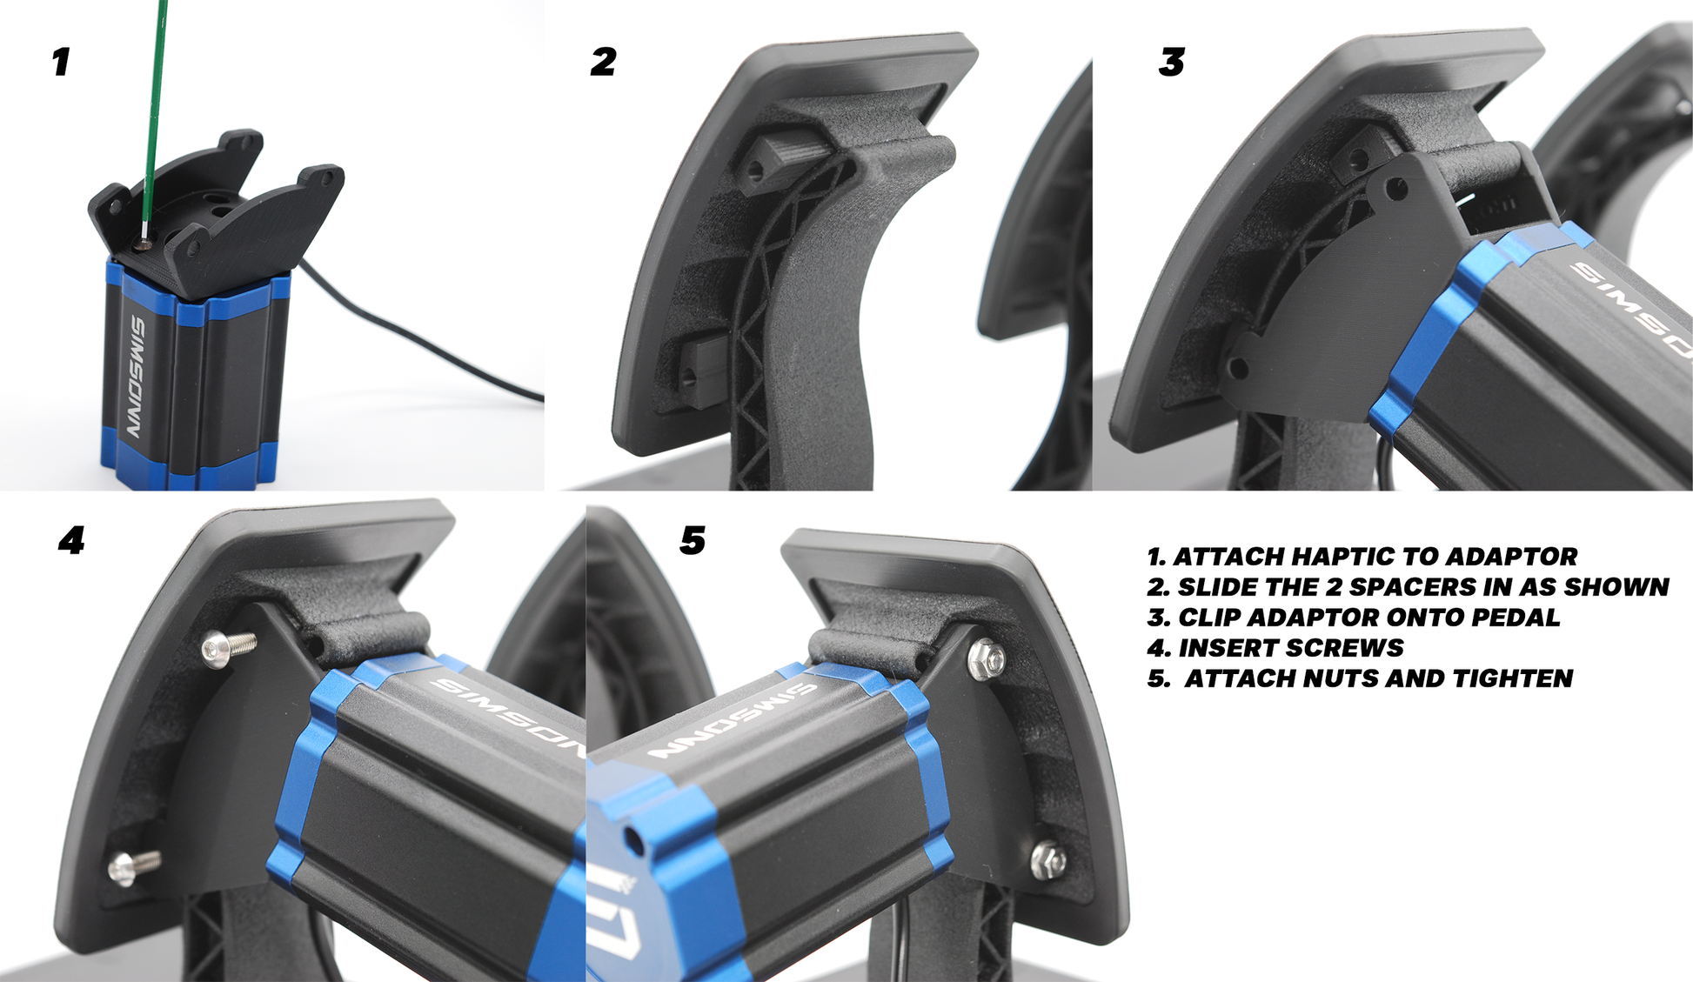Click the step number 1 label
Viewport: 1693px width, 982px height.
(x=61, y=62)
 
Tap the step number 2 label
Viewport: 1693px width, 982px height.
(x=603, y=62)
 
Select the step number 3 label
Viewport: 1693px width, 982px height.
(x=1172, y=62)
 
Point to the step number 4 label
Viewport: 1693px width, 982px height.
(x=71, y=540)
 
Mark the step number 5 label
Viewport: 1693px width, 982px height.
(x=693, y=540)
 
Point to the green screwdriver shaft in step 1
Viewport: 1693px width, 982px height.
(x=156, y=113)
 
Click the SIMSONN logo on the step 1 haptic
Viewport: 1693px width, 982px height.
(x=138, y=376)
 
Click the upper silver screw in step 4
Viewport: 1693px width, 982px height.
(x=228, y=647)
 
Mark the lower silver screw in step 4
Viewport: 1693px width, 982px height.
(x=134, y=866)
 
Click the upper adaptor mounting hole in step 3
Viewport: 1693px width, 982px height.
(x=1396, y=187)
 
